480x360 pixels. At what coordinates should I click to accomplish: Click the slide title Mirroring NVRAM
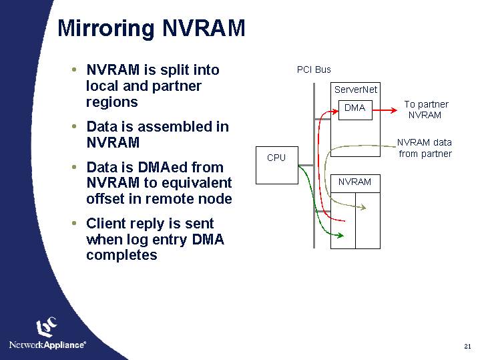(152, 29)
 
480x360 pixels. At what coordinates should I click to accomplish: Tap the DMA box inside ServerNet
(354, 108)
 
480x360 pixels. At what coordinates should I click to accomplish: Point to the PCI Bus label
(314, 69)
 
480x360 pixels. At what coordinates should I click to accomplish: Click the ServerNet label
(356, 89)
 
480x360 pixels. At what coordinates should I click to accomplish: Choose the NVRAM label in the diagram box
(354, 182)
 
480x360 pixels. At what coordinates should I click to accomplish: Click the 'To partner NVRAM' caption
(425, 110)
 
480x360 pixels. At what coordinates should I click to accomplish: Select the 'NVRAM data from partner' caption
(425, 148)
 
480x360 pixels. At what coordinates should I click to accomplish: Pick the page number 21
(467, 346)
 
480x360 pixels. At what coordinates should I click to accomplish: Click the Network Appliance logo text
(47, 345)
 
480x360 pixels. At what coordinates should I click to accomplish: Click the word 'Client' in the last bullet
(109, 223)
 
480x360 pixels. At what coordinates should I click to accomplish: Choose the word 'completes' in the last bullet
(122, 255)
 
